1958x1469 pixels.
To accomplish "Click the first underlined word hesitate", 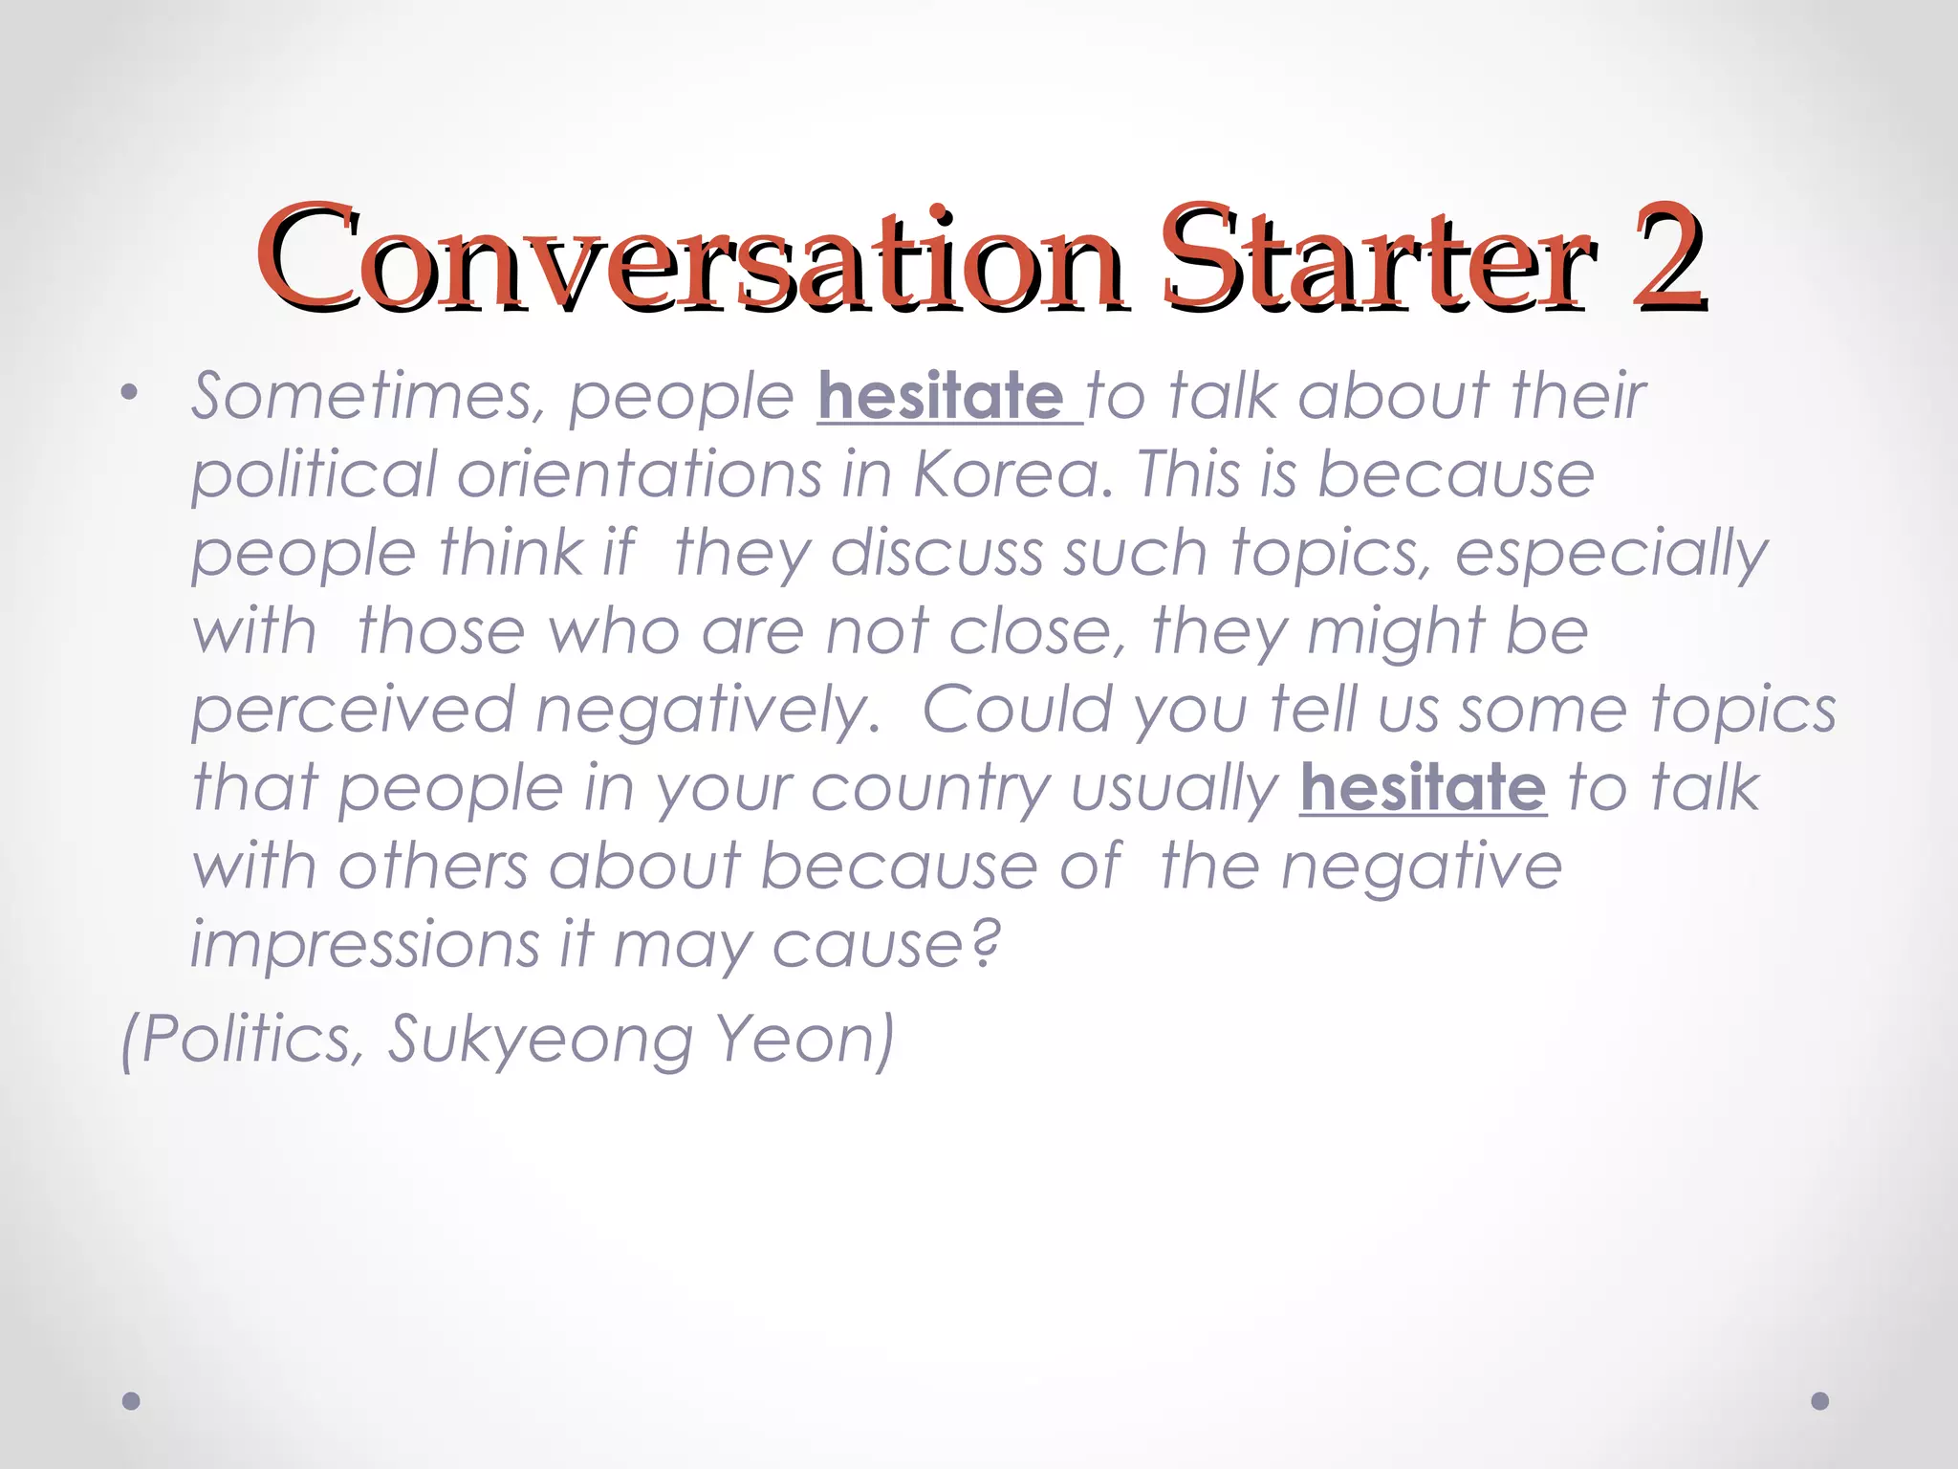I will tap(941, 397).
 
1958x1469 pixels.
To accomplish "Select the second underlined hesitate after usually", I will tap(1423, 789).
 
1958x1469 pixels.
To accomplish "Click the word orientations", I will tap(640, 475).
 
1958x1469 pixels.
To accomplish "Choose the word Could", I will tap(1016, 710).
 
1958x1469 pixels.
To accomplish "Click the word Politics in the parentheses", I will tap(250, 1040).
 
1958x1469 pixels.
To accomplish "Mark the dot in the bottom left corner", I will tap(132, 1401).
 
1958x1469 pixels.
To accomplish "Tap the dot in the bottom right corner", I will tap(1820, 1401).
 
